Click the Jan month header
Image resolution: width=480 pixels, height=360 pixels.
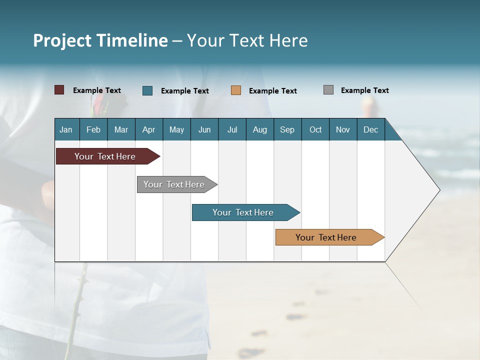66,129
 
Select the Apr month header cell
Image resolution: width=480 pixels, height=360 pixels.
149,129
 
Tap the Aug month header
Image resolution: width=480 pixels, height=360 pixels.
260,129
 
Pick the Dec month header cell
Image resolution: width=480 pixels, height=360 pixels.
371,129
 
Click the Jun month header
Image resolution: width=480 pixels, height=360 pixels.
204,129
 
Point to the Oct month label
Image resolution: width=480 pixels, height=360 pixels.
315,129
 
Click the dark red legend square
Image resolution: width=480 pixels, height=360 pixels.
59,90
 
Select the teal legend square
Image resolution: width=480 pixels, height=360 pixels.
147,90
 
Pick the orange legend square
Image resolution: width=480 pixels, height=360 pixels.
236,90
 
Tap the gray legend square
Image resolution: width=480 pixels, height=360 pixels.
328,90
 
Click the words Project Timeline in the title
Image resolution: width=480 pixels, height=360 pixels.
100,40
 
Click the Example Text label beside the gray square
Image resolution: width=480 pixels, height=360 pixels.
364,90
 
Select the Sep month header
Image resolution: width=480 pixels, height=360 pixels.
287,129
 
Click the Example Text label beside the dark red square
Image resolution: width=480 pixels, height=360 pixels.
97,90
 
